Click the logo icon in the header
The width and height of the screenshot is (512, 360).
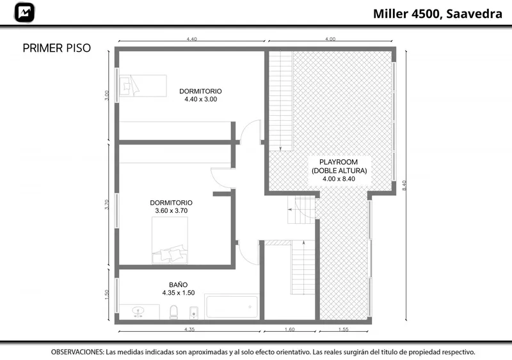24,13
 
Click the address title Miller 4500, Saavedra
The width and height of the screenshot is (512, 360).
438,13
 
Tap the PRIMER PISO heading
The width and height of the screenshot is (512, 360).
57,48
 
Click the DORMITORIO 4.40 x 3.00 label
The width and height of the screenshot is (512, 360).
200,95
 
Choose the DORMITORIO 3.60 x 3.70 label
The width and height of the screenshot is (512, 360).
171,207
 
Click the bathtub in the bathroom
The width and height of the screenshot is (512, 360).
232,306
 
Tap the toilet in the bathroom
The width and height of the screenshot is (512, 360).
173,312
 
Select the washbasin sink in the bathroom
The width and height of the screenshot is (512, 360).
139,311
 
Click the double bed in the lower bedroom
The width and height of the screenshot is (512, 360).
170,240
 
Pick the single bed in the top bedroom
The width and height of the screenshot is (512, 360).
143,86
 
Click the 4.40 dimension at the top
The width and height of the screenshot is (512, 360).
191,39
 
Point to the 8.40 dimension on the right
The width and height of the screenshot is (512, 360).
404,185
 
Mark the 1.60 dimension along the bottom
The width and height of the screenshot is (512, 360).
290,329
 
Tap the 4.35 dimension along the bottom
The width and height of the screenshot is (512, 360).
189,329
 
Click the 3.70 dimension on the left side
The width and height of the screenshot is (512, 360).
106,205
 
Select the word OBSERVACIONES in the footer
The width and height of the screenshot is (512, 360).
77,352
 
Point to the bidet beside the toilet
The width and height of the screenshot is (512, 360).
194,312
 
